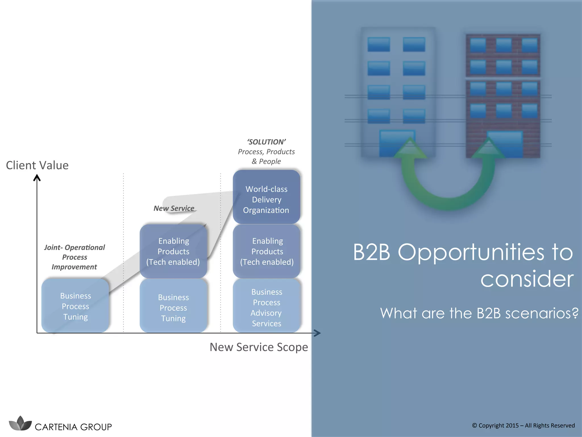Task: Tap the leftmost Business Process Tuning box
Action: coord(75,306)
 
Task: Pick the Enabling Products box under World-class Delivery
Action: coord(266,252)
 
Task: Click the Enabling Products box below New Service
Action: coord(173,252)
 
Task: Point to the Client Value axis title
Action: coord(37,165)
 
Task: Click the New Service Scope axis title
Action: coord(259,347)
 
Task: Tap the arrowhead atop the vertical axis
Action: coord(37,178)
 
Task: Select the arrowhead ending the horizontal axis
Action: coord(318,333)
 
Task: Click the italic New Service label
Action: coord(174,208)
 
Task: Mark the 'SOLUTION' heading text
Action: coord(266,142)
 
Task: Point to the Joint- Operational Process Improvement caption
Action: coord(74,257)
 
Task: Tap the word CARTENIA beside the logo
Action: coord(56,427)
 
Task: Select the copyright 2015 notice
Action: coord(523,425)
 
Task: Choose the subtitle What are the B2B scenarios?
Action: coord(479,313)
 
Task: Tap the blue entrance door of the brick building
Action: coord(505,144)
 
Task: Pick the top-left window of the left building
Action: coord(379,44)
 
